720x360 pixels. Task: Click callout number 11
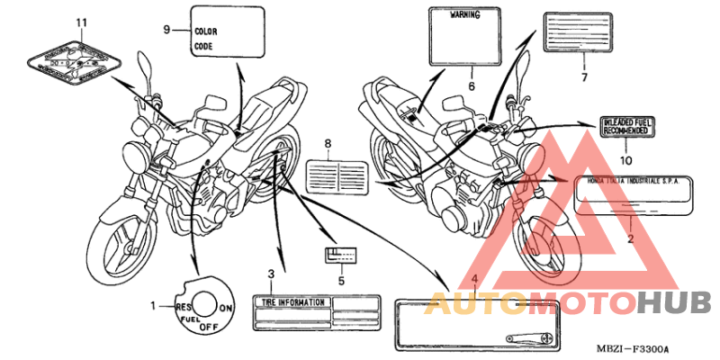pyautogui.click(x=83, y=21)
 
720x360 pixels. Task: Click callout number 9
pyautogui.click(x=166, y=29)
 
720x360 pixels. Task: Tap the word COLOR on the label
pyautogui.click(x=205, y=31)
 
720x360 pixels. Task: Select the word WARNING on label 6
pyautogui.click(x=463, y=14)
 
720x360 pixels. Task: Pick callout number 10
pyautogui.click(x=626, y=159)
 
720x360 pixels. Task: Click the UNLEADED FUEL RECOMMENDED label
pyautogui.click(x=625, y=127)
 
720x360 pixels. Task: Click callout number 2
pyautogui.click(x=631, y=238)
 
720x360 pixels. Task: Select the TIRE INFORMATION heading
pyautogui.click(x=292, y=302)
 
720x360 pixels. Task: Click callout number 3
pyautogui.click(x=271, y=274)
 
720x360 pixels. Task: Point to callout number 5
pyautogui.click(x=341, y=280)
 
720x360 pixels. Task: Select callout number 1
pyautogui.click(x=153, y=306)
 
